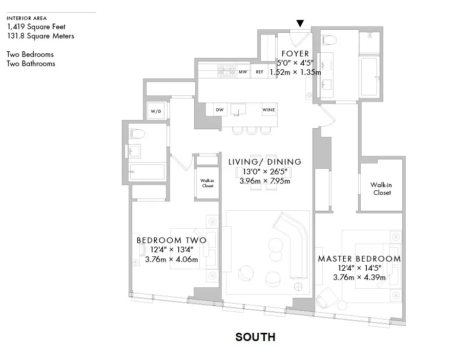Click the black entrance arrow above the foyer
coord(300,24)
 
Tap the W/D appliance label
coord(156,111)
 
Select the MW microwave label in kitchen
coord(243,72)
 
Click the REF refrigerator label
coord(259,72)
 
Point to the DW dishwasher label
coord(219,110)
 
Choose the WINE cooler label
coord(268,110)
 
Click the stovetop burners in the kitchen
coord(226,71)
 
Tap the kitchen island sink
coord(238,109)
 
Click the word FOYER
coord(295,54)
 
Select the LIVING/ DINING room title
coord(265,162)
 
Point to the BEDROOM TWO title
coord(171,241)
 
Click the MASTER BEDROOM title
coord(359,259)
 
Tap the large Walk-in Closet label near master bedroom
coord(381,189)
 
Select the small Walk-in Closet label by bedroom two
coord(206,183)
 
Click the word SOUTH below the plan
coord(255,337)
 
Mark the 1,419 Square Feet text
coord(36,27)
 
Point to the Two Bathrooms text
coord(31,64)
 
